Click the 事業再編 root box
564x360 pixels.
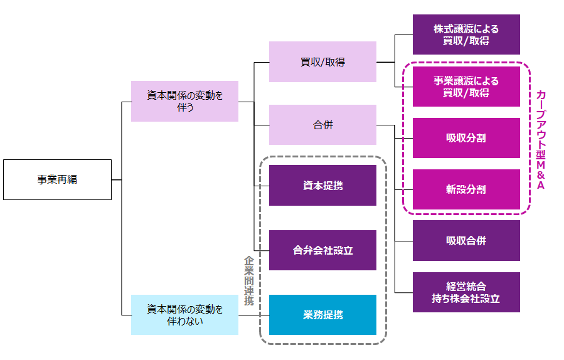click(x=57, y=179)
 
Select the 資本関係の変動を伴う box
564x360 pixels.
click(x=184, y=101)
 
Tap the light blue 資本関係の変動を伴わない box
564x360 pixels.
click(x=184, y=314)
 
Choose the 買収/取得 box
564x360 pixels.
click(x=322, y=61)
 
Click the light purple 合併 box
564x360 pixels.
click(x=322, y=125)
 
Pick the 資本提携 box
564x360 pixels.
click(x=322, y=185)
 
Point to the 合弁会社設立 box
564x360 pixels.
click(x=322, y=250)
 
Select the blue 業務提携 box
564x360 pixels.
click(x=322, y=314)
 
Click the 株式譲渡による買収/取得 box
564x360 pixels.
click(x=466, y=34)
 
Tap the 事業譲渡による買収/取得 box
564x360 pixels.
click(x=466, y=87)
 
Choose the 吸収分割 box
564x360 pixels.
click(x=466, y=138)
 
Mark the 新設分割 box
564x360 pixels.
click(x=466, y=189)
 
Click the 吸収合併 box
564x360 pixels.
click(x=466, y=240)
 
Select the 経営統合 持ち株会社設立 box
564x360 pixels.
click(x=466, y=292)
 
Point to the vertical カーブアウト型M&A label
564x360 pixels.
click(x=541, y=138)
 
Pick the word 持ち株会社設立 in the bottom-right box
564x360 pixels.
click(x=466, y=299)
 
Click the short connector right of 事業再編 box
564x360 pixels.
click(x=116, y=179)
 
